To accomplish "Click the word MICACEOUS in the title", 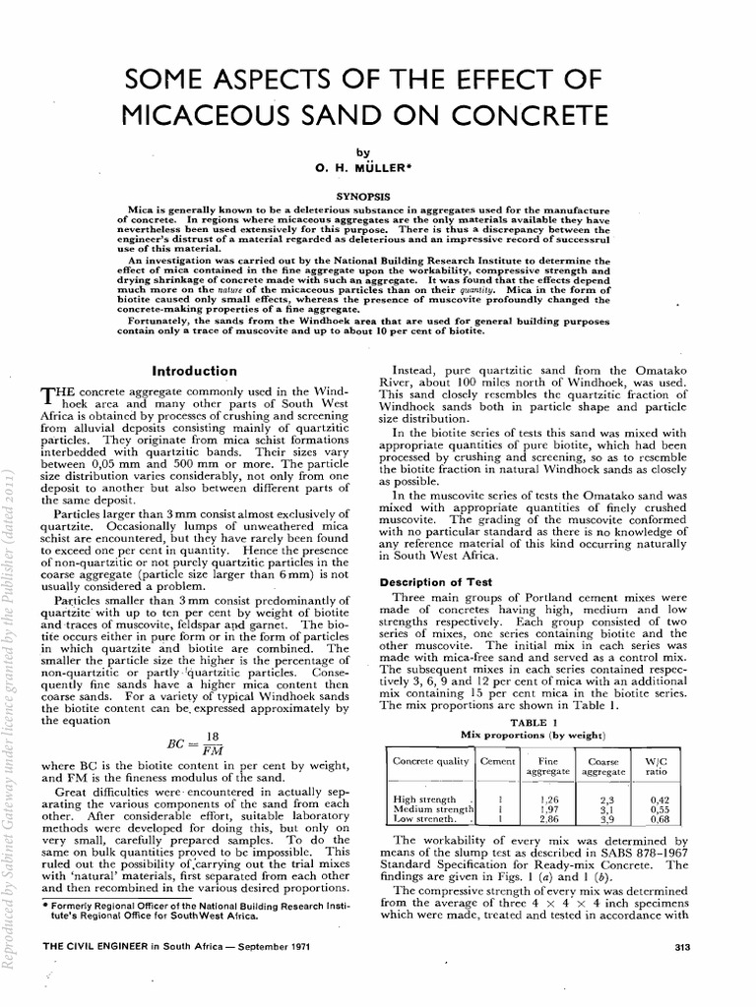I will click(x=211, y=117).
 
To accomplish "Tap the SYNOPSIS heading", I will click(x=363, y=196).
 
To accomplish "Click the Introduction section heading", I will click(x=194, y=371).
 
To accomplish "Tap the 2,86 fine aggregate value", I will click(x=550, y=818).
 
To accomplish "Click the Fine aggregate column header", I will click(x=549, y=767).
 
